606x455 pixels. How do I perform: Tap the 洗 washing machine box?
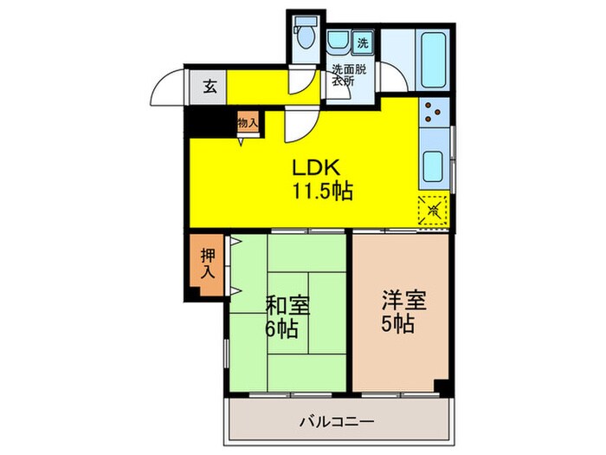pyautogui.click(x=363, y=43)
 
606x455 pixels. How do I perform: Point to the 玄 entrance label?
pyautogui.click(x=210, y=86)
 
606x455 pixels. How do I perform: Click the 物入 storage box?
pyautogui.click(x=248, y=123)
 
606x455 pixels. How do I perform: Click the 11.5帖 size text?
pyautogui.click(x=323, y=192)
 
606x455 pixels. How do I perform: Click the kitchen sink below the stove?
pyautogui.click(x=432, y=163)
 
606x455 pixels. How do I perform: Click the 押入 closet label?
pyautogui.click(x=209, y=263)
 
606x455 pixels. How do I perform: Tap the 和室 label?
pyautogui.click(x=288, y=307)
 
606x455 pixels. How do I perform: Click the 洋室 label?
pyautogui.click(x=403, y=302)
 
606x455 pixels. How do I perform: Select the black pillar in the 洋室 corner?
pyautogui.click(x=442, y=385)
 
